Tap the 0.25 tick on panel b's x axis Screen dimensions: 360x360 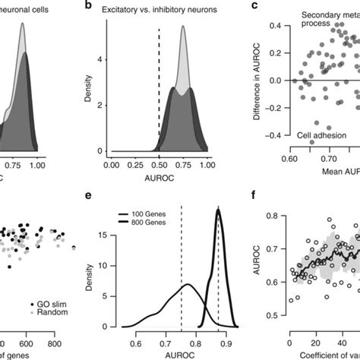coord(136,163)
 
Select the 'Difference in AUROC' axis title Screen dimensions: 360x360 coord(261,80)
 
